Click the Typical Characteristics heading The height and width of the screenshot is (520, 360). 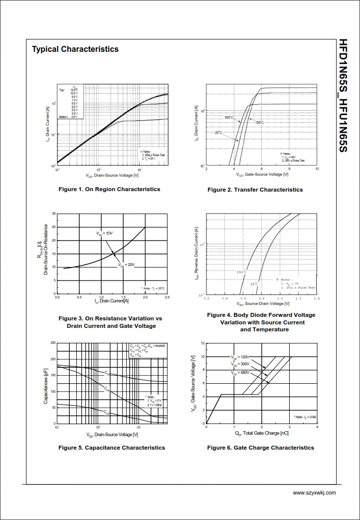[75, 49]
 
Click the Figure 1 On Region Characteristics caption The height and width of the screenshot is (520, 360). [109, 189]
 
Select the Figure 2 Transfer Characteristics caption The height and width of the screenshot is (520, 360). [255, 190]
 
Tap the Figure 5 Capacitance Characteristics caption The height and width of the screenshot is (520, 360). [112, 448]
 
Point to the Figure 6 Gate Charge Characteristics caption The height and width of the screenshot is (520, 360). [260, 448]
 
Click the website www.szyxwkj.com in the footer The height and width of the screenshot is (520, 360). [314, 493]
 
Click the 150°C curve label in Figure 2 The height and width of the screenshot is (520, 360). [228, 118]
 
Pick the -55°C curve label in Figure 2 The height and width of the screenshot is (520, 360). [259, 122]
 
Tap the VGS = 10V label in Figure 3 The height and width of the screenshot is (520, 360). [105, 234]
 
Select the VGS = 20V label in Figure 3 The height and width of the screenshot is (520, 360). [127, 264]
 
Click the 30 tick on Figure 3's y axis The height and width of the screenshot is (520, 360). [53, 214]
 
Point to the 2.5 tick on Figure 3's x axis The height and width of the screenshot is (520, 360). [167, 297]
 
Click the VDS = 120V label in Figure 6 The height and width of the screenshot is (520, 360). [240, 357]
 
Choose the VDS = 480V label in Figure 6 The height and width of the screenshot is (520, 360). [240, 373]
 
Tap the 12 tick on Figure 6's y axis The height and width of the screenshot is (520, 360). [202, 343]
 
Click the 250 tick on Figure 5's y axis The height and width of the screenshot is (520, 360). [53, 343]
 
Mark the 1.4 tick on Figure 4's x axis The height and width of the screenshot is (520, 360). [317, 298]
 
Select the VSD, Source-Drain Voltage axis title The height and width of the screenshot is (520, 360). [262, 304]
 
